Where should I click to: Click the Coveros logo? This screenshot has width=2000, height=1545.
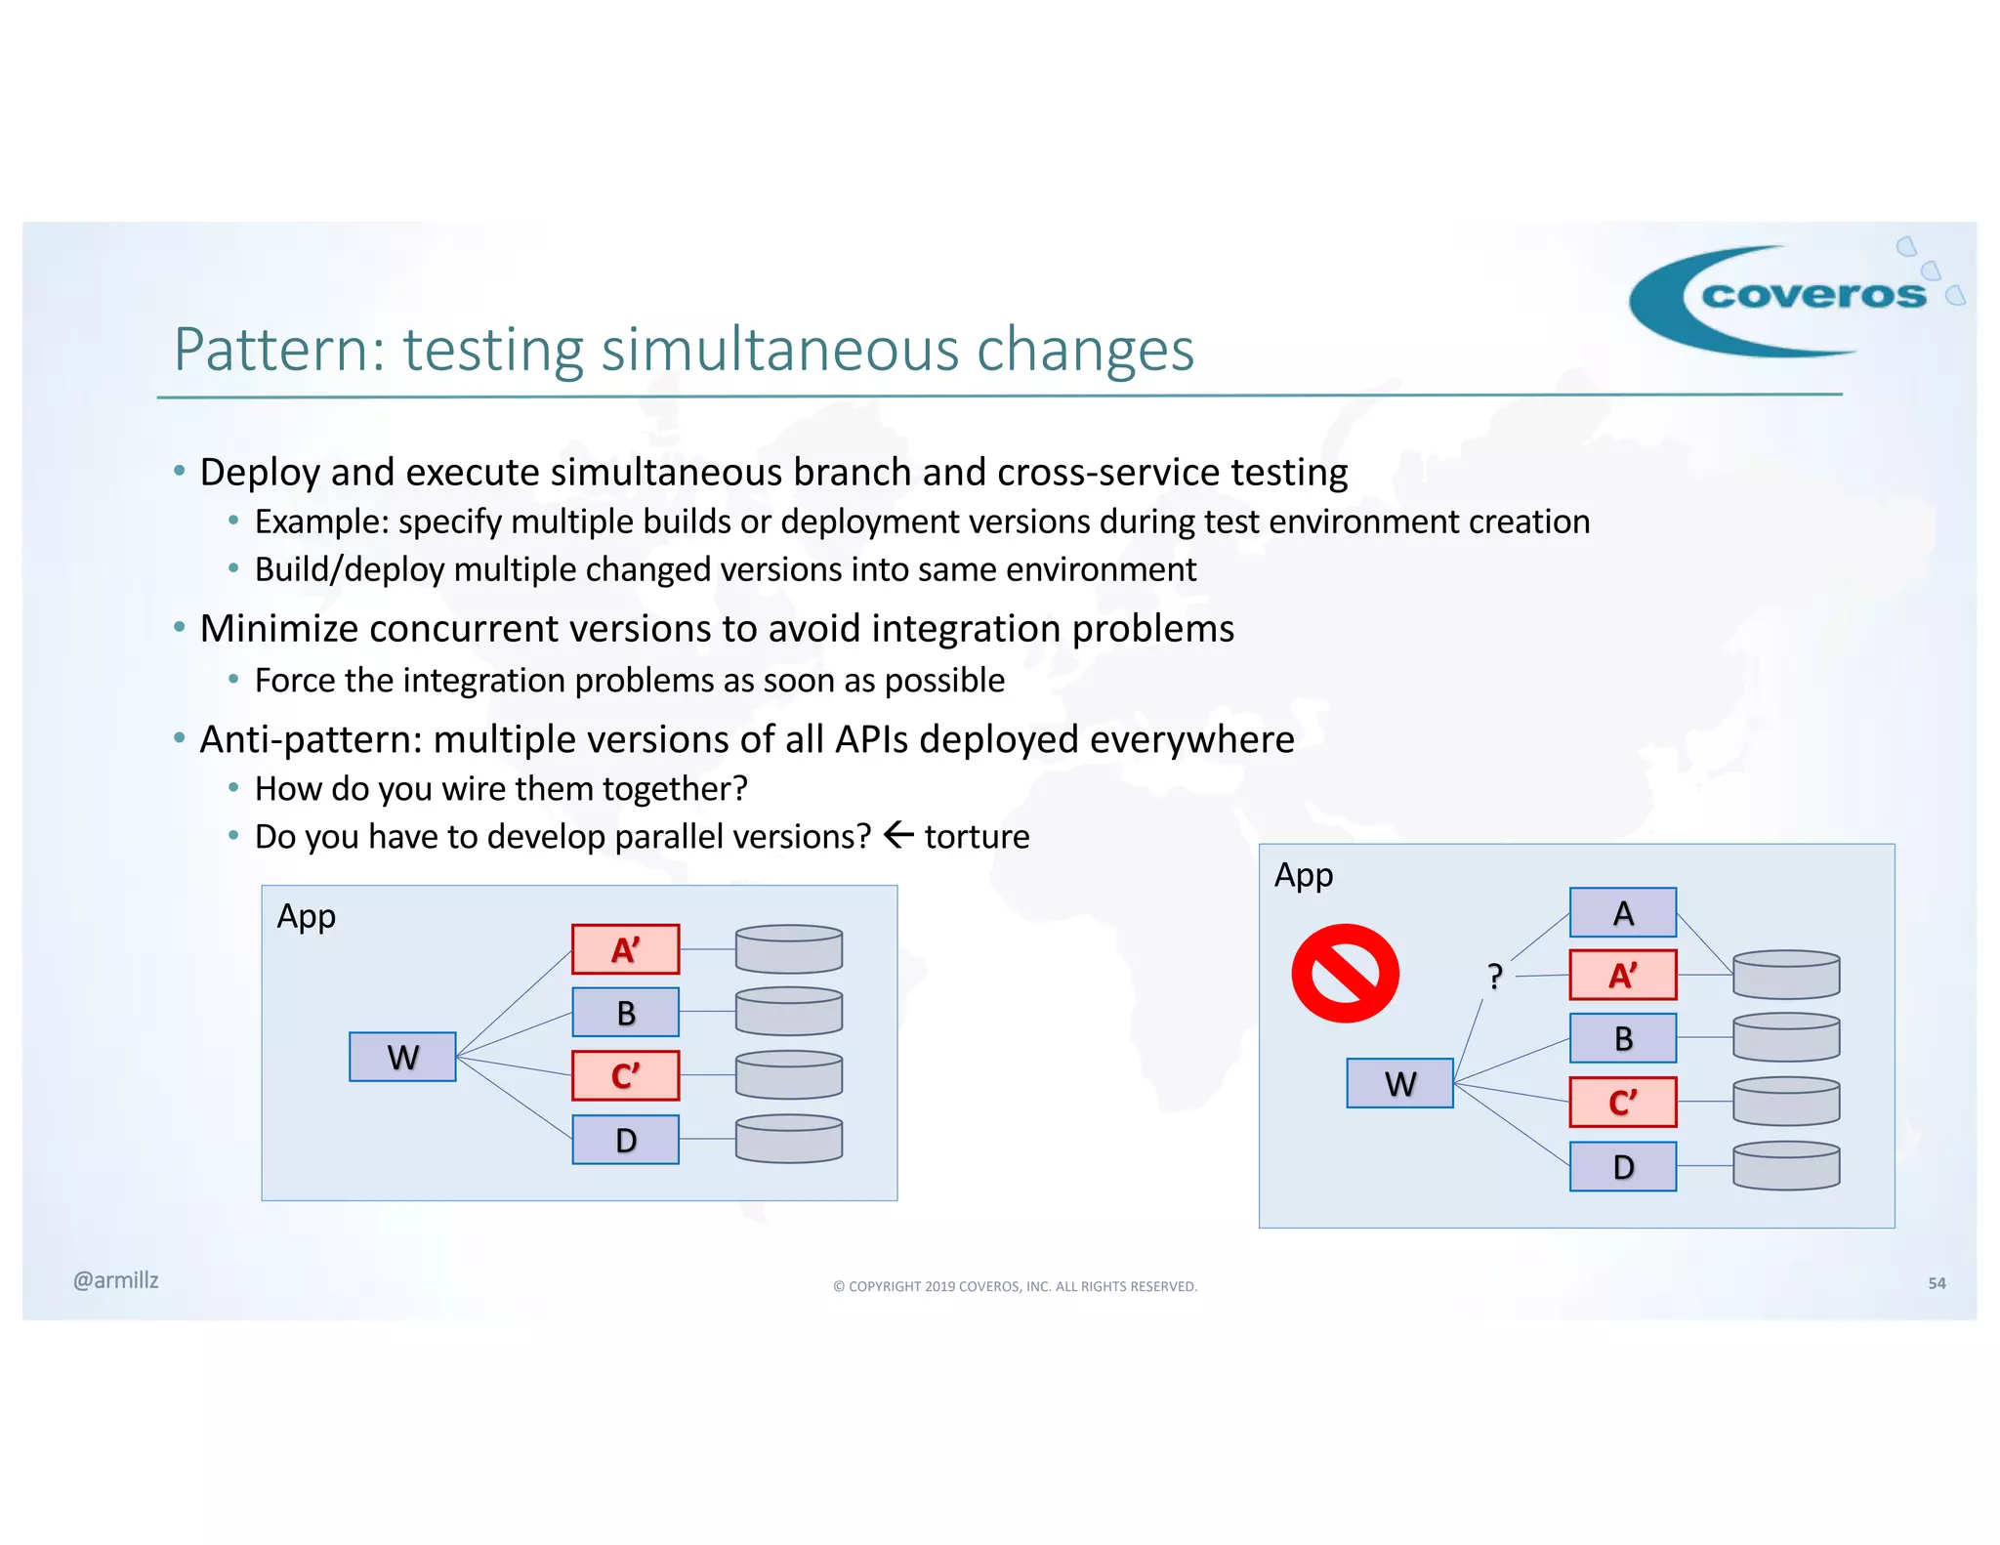(x=1793, y=297)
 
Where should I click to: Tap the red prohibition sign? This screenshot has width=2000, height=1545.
(x=1345, y=974)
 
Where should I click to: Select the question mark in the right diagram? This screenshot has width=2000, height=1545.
(x=1494, y=976)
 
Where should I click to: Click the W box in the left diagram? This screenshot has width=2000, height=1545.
(x=402, y=1057)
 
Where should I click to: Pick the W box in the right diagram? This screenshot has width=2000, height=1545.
(x=1399, y=1083)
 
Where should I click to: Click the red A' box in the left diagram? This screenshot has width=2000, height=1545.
(x=625, y=949)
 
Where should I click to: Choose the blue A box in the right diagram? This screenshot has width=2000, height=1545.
(x=1622, y=913)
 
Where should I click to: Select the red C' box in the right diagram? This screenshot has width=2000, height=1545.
(x=1622, y=1103)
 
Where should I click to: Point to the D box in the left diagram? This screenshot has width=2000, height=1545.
(x=625, y=1140)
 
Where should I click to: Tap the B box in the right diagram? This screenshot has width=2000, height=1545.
(x=1622, y=1038)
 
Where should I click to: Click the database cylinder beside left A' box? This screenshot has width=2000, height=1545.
(x=789, y=949)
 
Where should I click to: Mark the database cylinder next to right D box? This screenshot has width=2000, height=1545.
(x=1786, y=1166)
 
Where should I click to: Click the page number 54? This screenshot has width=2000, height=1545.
(x=1937, y=1283)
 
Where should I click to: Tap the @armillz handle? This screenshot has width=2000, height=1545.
(x=115, y=1280)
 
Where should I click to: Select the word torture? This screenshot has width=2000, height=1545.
(x=977, y=837)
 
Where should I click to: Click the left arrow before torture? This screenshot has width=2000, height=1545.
(x=897, y=835)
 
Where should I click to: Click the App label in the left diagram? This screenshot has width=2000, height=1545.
(x=306, y=917)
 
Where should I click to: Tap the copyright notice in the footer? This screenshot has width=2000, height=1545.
(x=1015, y=1286)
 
